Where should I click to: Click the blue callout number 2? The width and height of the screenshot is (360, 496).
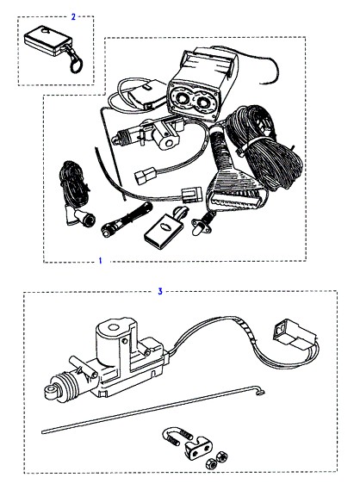pyautogui.click(x=73, y=16)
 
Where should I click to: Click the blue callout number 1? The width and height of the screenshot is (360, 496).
pyautogui.click(x=101, y=261)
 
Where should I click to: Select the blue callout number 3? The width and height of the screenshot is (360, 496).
pyautogui.click(x=160, y=291)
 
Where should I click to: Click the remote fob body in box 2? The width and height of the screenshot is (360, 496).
pyautogui.click(x=48, y=40)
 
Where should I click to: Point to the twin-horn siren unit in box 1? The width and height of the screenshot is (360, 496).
pyautogui.click(x=202, y=84)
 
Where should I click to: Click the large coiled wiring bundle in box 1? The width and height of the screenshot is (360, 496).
pyautogui.click(x=264, y=149)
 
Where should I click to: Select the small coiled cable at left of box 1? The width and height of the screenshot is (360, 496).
pyautogui.click(x=73, y=183)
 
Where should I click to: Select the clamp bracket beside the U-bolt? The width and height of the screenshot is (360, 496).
pyautogui.click(x=198, y=447)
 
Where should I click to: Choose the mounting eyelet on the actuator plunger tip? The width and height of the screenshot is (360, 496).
pyautogui.click(x=50, y=391)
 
